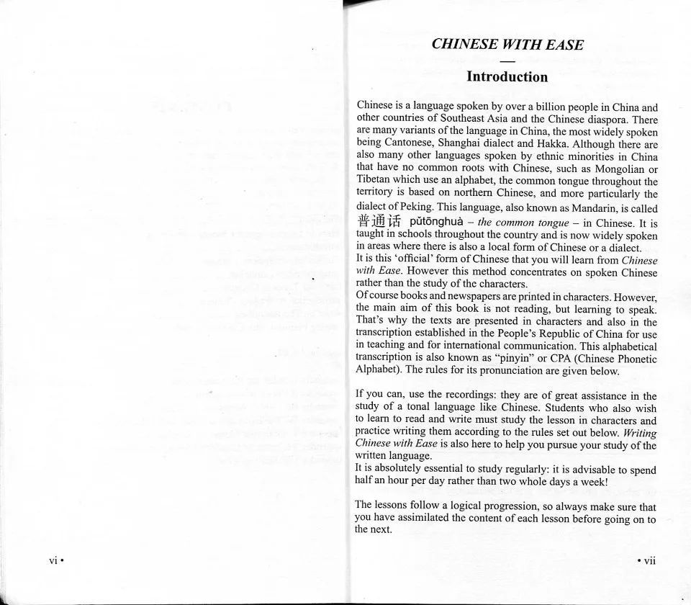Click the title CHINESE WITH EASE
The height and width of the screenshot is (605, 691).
click(507, 44)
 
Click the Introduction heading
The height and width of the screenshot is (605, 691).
click(507, 76)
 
